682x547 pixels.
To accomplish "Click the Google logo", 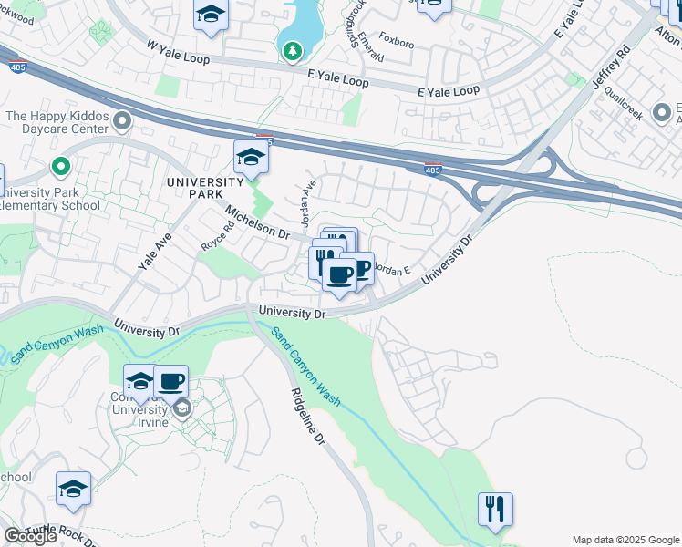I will point(29,536).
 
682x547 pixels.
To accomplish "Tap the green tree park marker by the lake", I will point(293,51).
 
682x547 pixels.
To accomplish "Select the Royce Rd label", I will point(218,238).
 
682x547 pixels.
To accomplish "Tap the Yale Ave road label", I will point(155,252).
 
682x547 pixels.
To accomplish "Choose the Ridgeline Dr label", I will point(307,416).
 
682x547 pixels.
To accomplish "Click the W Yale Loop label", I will point(178,51).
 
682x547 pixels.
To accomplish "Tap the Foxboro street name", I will point(396,42).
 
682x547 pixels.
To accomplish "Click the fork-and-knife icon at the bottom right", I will point(495,510).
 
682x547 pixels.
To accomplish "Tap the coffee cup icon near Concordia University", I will point(170,381).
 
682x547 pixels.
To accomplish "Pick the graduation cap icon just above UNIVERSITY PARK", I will point(251,158).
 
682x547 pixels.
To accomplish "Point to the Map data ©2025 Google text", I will point(625,540).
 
